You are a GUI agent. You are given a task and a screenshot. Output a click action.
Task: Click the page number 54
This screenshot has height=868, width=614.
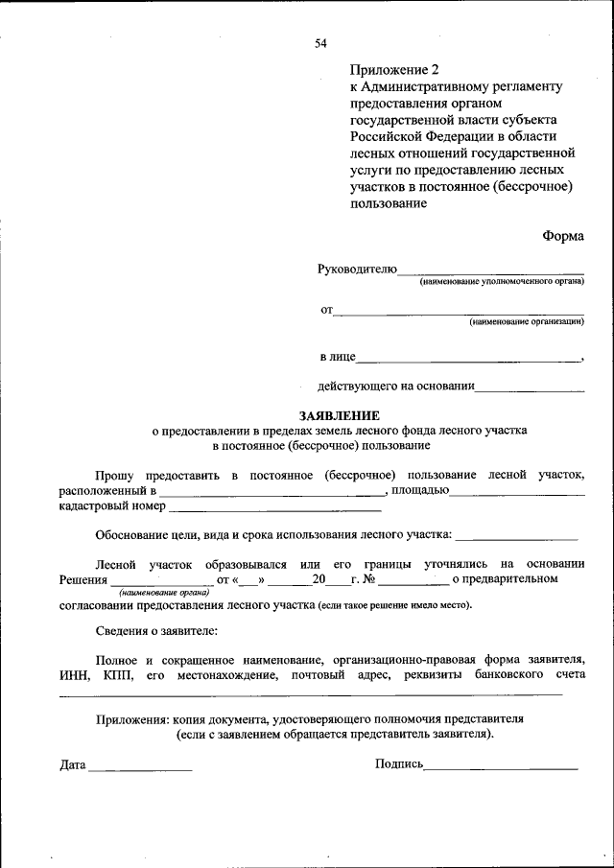coord(320,43)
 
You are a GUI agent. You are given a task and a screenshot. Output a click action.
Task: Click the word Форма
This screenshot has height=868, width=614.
coord(562,235)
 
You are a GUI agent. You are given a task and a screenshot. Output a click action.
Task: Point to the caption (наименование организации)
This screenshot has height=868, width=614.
coord(526,322)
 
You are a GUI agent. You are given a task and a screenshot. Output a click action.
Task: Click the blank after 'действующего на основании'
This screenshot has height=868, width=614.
coord(530,389)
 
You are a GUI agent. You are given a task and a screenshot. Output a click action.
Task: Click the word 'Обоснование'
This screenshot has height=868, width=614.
coord(132,535)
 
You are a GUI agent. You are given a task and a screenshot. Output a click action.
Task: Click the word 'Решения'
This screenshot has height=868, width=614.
coord(83,579)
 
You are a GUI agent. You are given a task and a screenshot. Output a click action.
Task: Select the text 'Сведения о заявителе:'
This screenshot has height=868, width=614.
coord(156,632)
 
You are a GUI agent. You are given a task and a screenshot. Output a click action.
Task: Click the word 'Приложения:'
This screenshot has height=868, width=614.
coord(131,718)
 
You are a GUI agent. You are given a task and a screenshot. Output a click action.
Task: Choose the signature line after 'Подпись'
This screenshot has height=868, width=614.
coord(501,768)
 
